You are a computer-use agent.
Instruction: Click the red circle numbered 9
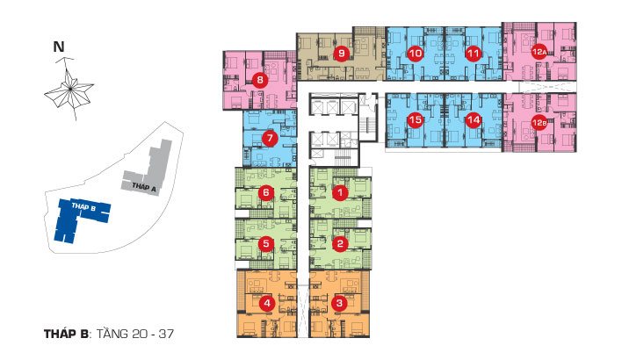pyautogui.click(x=342, y=54)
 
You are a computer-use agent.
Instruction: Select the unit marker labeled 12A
pyautogui.click(x=539, y=52)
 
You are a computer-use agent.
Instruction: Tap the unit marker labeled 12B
pyautogui.click(x=539, y=123)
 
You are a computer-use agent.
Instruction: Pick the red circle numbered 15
pyautogui.click(x=416, y=119)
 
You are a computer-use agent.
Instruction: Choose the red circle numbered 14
pyautogui.click(x=474, y=119)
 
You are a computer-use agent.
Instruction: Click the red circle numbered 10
pyautogui.click(x=416, y=53)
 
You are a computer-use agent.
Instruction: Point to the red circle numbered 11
pyautogui.click(x=473, y=53)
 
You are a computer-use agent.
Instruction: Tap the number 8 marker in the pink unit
pyautogui.click(x=260, y=80)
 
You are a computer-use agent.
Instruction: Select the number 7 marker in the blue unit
pyautogui.click(x=270, y=139)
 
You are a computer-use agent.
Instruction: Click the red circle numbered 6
pyautogui.click(x=266, y=193)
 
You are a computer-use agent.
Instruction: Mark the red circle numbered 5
pyautogui.click(x=266, y=244)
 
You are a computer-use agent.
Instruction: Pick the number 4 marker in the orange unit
pyautogui.click(x=267, y=304)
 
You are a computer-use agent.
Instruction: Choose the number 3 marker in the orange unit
pyautogui.click(x=339, y=304)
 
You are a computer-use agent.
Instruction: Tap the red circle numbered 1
pyautogui.click(x=340, y=193)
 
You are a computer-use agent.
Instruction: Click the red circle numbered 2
pyautogui.click(x=340, y=244)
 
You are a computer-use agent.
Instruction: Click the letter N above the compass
pyautogui.click(x=59, y=47)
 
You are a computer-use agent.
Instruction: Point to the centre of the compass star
pyautogui.click(x=70, y=89)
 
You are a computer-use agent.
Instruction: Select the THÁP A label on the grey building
pyautogui.click(x=144, y=187)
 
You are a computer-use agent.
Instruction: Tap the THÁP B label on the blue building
pyautogui.click(x=83, y=206)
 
